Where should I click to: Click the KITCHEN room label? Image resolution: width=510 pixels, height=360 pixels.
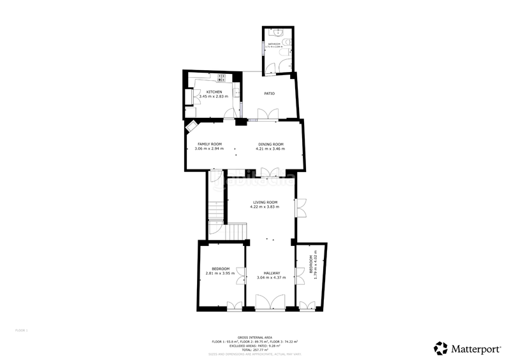pos(214,92)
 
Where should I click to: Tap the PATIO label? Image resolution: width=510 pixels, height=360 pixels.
pos(270,94)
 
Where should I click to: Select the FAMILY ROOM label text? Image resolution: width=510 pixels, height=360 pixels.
pos(209,144)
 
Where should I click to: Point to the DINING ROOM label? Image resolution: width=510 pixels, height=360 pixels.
pos(270,144)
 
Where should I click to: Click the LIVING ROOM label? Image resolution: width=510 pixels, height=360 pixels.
pos(265,202)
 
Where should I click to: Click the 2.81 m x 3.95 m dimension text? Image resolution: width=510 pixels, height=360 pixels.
pos(220,274)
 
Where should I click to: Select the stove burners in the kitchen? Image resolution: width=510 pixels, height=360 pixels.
pos(222,78)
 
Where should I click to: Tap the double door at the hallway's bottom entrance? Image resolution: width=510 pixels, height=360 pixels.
pos(266,303)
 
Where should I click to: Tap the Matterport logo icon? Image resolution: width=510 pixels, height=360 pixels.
pos(441,348)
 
